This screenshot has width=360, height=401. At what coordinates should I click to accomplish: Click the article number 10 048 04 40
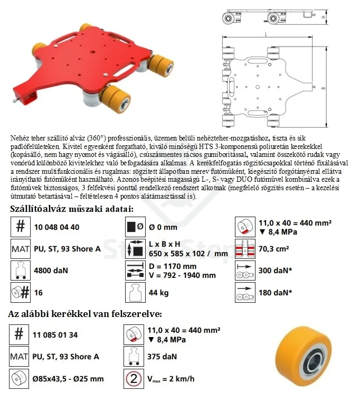tap(56, 227)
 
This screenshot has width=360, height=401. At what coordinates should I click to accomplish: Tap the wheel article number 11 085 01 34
tap(55, 334)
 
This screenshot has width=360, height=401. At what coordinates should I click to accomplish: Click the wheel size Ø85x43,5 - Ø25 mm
tap(69, 378)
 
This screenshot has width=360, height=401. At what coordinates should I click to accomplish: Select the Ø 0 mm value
tap(162, 227)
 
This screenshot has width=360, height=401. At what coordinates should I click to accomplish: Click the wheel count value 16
tap(37, 292)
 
